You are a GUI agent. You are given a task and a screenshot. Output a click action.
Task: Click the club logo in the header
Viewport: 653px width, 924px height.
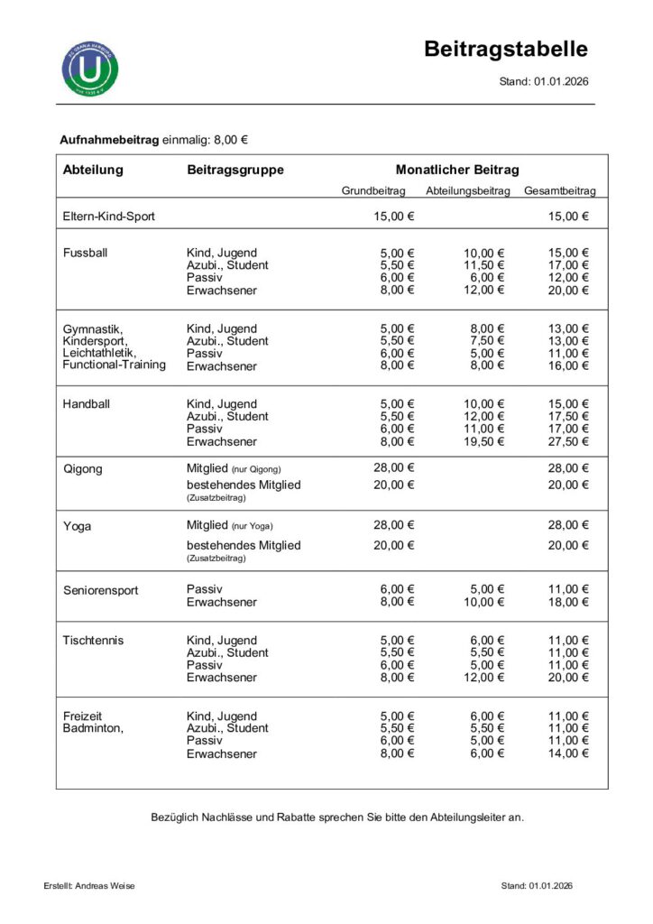point(90,67)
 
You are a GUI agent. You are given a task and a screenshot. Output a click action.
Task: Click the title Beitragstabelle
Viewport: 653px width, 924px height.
point(506,49)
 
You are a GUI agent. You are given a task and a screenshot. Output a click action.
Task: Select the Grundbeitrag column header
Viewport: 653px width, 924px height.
point(373,191)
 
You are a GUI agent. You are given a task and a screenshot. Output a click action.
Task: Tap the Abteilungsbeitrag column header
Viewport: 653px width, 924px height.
point(467,191)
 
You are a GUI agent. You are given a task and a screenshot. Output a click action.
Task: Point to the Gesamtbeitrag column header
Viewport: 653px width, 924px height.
point(559,191)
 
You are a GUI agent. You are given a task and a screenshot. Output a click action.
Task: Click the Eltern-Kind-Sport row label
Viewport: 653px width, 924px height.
point(109,217)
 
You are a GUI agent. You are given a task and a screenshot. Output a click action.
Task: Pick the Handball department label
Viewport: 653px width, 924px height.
point(86,404)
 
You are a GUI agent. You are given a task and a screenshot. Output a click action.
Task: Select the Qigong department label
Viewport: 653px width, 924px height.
point(82,469)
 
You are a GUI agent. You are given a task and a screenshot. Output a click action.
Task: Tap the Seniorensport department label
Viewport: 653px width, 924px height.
point(100,590)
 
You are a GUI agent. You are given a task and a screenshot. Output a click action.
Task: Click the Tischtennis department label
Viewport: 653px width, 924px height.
point(94,641)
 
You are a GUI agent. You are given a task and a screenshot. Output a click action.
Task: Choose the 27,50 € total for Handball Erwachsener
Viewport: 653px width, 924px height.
point(569,442)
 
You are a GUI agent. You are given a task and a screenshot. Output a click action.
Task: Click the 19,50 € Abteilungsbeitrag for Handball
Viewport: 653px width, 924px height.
point(484,442)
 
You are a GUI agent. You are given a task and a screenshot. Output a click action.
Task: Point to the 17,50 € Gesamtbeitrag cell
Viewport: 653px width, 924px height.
point(569,417)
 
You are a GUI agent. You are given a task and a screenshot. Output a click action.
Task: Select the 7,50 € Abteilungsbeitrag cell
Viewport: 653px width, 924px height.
point(488,341)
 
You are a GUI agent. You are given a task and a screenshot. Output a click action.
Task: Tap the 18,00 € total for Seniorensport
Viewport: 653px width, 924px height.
point(569,602)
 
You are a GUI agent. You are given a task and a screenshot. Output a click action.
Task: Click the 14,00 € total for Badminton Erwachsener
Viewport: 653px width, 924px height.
point(569,753)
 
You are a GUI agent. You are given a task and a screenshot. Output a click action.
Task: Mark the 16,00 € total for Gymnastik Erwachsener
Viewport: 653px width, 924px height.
point(569,366)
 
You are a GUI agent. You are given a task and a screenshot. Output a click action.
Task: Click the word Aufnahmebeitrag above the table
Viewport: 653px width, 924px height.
point(109,140)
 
